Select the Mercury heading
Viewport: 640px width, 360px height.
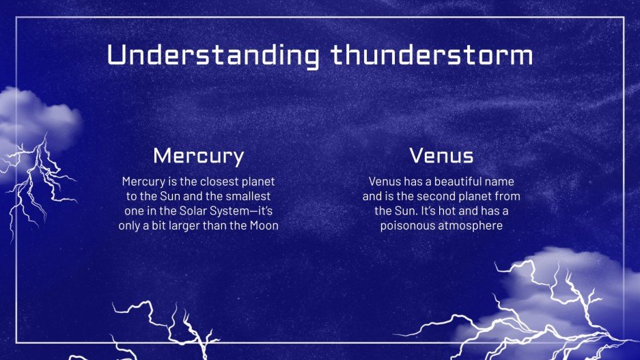tap(198, 156)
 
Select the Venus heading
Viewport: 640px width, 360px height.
tap(441, 156)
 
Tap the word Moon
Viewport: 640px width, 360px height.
tap(262, 226)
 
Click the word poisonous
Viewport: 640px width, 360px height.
tap(408, 226)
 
